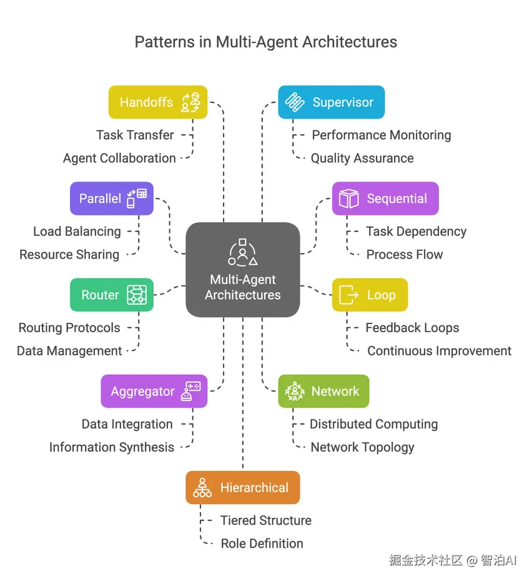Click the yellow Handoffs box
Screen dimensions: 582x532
click(158, 102)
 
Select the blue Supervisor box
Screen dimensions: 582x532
click(331, 102)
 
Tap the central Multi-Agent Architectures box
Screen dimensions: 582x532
click(243, 270)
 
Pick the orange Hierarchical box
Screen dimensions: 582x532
click(243, 487)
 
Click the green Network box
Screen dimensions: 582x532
click(324, 391)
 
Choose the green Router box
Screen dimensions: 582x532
click(112, 295)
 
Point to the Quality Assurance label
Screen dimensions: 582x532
click(362, 158)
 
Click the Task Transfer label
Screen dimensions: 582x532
click(135, 135)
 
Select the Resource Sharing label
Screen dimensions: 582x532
click(69, 255)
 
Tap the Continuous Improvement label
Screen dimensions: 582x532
click(439, 351)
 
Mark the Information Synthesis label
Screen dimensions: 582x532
click(112, 447)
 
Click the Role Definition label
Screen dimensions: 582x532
click(262, 544)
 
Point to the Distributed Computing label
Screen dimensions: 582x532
click(374, 424)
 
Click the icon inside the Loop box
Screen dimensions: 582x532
click(349, 295)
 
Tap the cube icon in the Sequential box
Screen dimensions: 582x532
click(349, 198)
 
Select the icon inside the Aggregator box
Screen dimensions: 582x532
click(191, 391)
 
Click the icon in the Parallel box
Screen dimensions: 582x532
click(137, 198)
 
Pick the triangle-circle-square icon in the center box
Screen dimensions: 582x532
click(243, 253)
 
